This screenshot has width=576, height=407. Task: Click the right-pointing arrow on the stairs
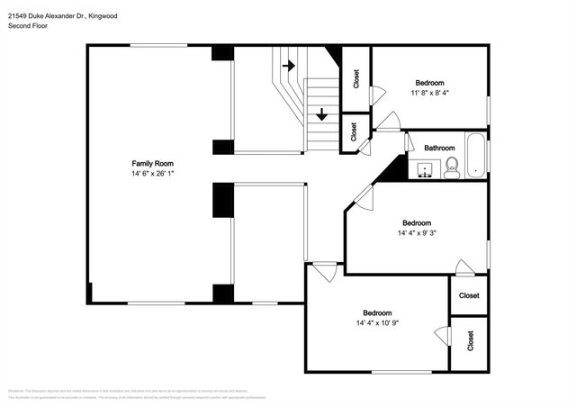point(289,66)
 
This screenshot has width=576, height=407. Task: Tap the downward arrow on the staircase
point(321,114)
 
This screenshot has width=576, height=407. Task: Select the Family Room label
point(146,163)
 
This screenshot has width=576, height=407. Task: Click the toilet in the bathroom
point(452,167)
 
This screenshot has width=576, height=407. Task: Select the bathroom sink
point(426,167)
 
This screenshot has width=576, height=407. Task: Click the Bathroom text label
point(439,148)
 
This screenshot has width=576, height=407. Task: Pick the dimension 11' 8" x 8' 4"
point(429,92)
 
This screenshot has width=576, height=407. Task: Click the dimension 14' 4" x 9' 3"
point(417,232)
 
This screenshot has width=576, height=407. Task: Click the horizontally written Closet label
point(469,295)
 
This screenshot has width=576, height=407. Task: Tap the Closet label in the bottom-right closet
point(470,340)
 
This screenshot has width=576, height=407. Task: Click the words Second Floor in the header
point(28,27)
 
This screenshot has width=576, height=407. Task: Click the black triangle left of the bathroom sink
point(392,169)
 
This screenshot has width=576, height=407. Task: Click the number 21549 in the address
point(17,15)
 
